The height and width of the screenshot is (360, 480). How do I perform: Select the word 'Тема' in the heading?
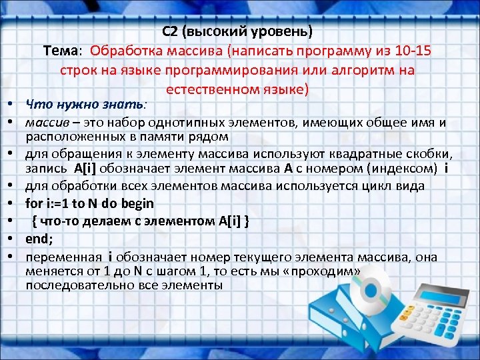click(x=61, y=51)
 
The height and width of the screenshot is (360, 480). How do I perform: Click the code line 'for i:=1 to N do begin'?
click(x=89, y=203)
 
